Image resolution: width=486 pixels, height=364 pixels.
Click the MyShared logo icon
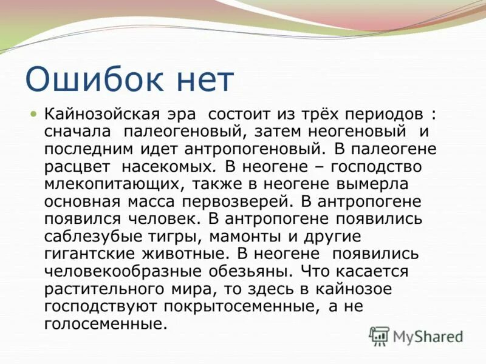380,335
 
